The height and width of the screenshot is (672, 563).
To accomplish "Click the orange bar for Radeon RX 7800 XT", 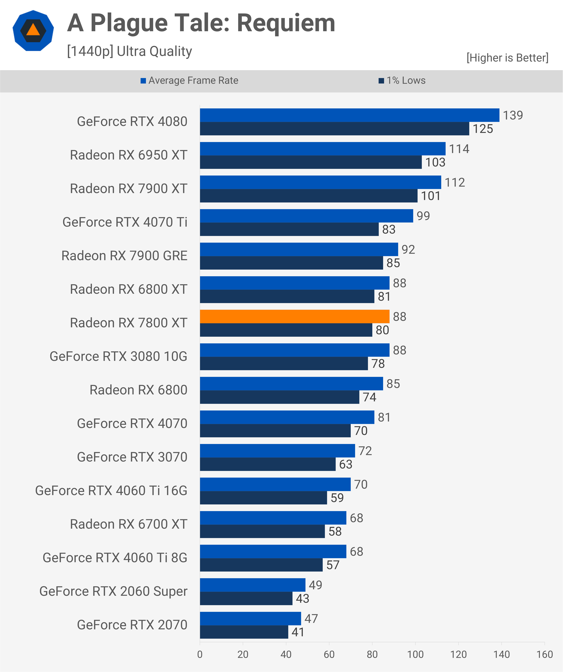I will pyautogui.click(x=294, y=317).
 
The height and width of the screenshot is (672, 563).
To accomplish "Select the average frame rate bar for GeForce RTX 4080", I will pyautogui.click(x=349, y=115).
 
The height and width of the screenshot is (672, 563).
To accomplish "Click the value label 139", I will pyautogui.click(x=513, y=115).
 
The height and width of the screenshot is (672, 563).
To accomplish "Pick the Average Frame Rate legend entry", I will pyautogui.click(x=189, y=80).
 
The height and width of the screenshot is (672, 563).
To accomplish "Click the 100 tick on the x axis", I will pyautogui.click(x=415, y=654).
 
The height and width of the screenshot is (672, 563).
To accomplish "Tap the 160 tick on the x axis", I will pyautogui.click(x=544, y=654).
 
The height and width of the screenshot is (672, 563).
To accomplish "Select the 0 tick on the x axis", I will pyautogui.click(x=200, y=654).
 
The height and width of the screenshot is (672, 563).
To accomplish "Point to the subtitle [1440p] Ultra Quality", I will pyautogui.click(x=130, y=51).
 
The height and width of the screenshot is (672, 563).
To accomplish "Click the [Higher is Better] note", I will pyautogui.click(x=507, y=58).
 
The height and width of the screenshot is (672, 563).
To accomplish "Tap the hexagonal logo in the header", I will pyautogui.click(x=33, y=31).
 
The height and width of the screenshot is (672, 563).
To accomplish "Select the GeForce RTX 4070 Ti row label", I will pyautogui.click(x=125, y=222).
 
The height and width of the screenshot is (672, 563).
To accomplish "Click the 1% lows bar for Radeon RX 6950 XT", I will pyautogui.click(x=311, y=162).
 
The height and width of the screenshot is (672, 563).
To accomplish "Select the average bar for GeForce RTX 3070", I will pyautogui.click(x=277, y=451).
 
